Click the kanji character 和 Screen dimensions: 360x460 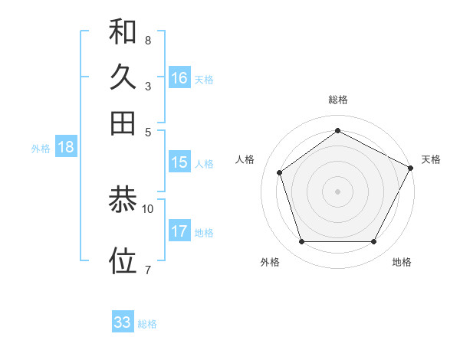click(x=123, y=32)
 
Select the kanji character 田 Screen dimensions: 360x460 click(x=123, y=123)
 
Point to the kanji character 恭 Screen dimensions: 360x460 click(x=123, y=201)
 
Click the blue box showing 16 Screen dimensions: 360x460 click(x=179, y=77)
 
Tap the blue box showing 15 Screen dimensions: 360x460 click(x=179, y=162)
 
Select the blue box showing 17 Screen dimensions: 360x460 click(x=179, y=231)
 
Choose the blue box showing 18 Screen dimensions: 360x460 click(x=66, y=147)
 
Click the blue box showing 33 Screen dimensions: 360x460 click(x=123, y=322)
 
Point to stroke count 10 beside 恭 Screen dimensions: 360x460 click(x=148, y=208)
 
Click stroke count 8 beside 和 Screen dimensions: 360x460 click(x=147, y=39)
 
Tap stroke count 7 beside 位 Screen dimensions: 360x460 click(x=147, y=269)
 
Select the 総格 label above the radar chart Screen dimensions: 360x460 click(x=338, y=100)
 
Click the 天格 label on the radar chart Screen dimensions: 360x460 click(x=431, y=159)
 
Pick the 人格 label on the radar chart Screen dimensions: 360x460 click(x=245, y=159)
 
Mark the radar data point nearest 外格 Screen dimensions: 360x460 click(x=301, y=242)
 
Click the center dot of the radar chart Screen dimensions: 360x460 click(x=338, y=191)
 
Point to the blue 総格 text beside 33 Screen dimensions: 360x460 click(x=147, y=324)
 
